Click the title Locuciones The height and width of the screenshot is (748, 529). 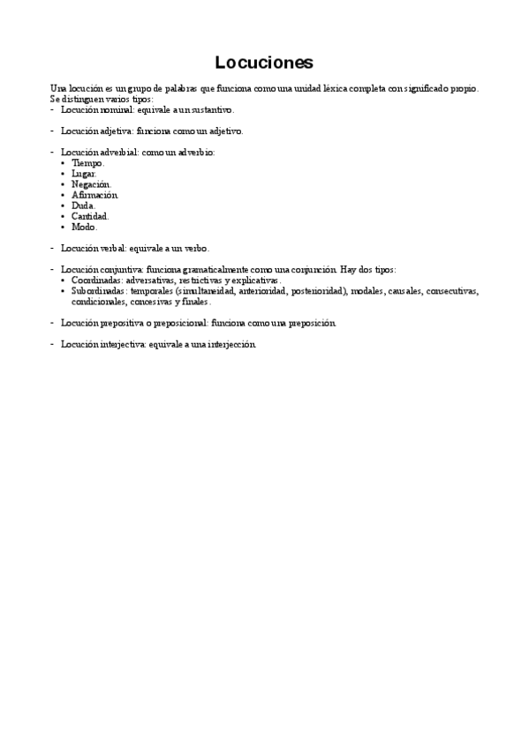coord(264,63)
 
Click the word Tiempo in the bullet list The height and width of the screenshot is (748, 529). coord(87,163)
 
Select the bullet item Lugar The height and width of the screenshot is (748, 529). coord(84,174)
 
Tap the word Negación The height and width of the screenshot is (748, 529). coord(91,184)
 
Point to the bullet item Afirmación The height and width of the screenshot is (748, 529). coord(94,195)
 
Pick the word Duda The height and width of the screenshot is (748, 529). coord(83,206)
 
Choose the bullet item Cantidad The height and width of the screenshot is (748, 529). coord(89,216)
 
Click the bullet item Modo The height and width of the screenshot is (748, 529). coord(84,227)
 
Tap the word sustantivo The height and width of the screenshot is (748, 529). coord(211,110)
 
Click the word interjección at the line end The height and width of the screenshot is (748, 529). coord(232,344)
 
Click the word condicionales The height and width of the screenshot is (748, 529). coord(99,301)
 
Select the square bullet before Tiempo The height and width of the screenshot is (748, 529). coord(64,163)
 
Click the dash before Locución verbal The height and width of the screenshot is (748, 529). coord(52,248)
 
